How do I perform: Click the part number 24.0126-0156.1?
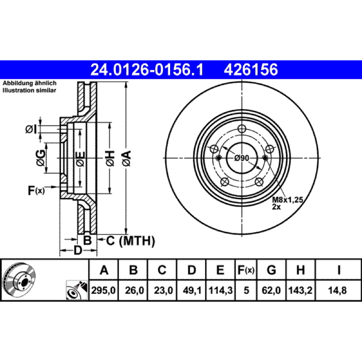click(147, 70)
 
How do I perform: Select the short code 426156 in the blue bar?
click(251, 70)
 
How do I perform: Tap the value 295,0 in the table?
click(103, 290)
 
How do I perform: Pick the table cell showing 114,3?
click(220, 290)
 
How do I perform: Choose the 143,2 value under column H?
click(300, 290)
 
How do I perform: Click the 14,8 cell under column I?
click(337, 290)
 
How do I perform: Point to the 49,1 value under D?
click(191, 290)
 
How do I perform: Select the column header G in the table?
click(271, 270)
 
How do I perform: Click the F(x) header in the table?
click(246, 270)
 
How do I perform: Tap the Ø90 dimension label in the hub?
click(242, 158)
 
